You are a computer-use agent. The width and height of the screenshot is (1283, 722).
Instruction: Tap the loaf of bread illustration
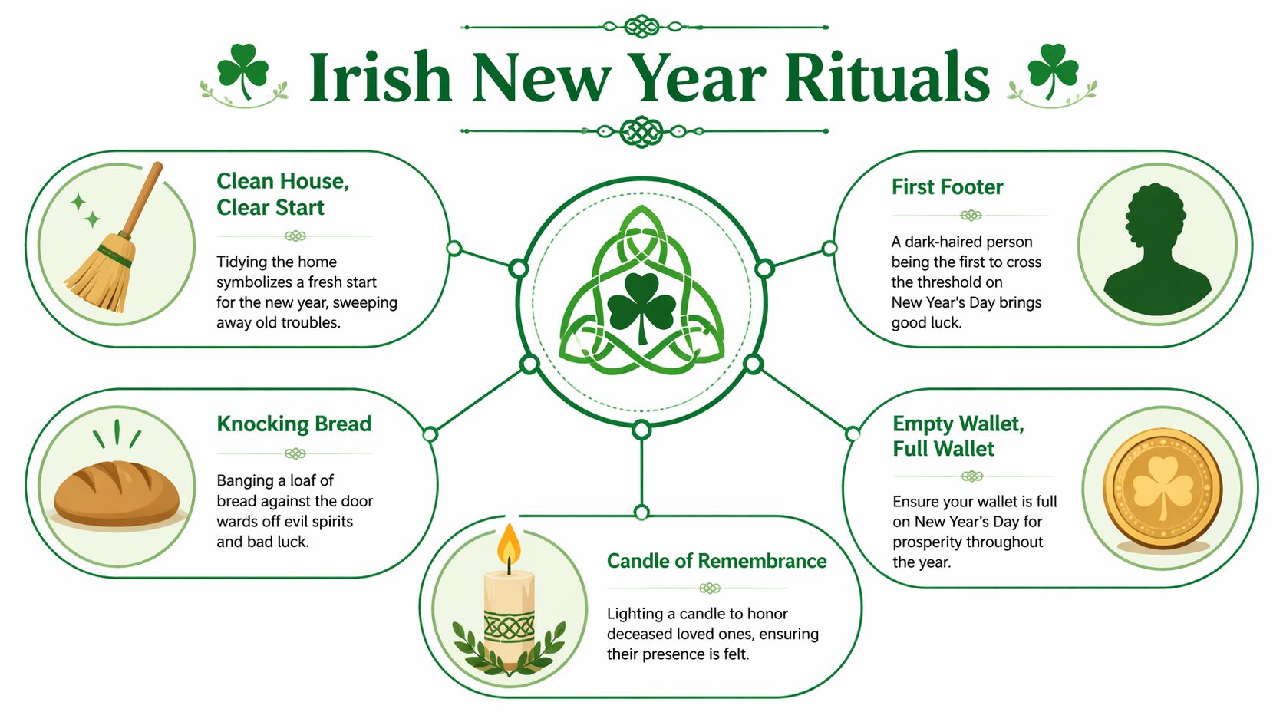117,493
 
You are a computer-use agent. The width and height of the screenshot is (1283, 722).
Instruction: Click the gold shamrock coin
1162,489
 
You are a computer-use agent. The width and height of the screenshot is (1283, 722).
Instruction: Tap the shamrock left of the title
242,71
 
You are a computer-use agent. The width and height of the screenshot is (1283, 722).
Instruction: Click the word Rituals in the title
887,78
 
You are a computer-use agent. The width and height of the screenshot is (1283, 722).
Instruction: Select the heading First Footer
947,187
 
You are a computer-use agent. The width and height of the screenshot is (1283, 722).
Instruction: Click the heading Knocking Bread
294,424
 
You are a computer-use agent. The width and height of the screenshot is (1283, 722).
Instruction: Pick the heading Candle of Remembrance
717,561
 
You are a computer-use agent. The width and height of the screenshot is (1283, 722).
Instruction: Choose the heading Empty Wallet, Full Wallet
958,436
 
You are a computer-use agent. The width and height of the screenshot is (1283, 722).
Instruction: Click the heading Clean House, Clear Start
282,194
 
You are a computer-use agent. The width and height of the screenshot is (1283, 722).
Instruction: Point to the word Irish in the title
380,78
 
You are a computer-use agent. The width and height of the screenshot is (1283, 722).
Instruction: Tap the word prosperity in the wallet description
928,542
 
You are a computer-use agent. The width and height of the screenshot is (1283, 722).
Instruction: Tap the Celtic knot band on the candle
509,627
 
